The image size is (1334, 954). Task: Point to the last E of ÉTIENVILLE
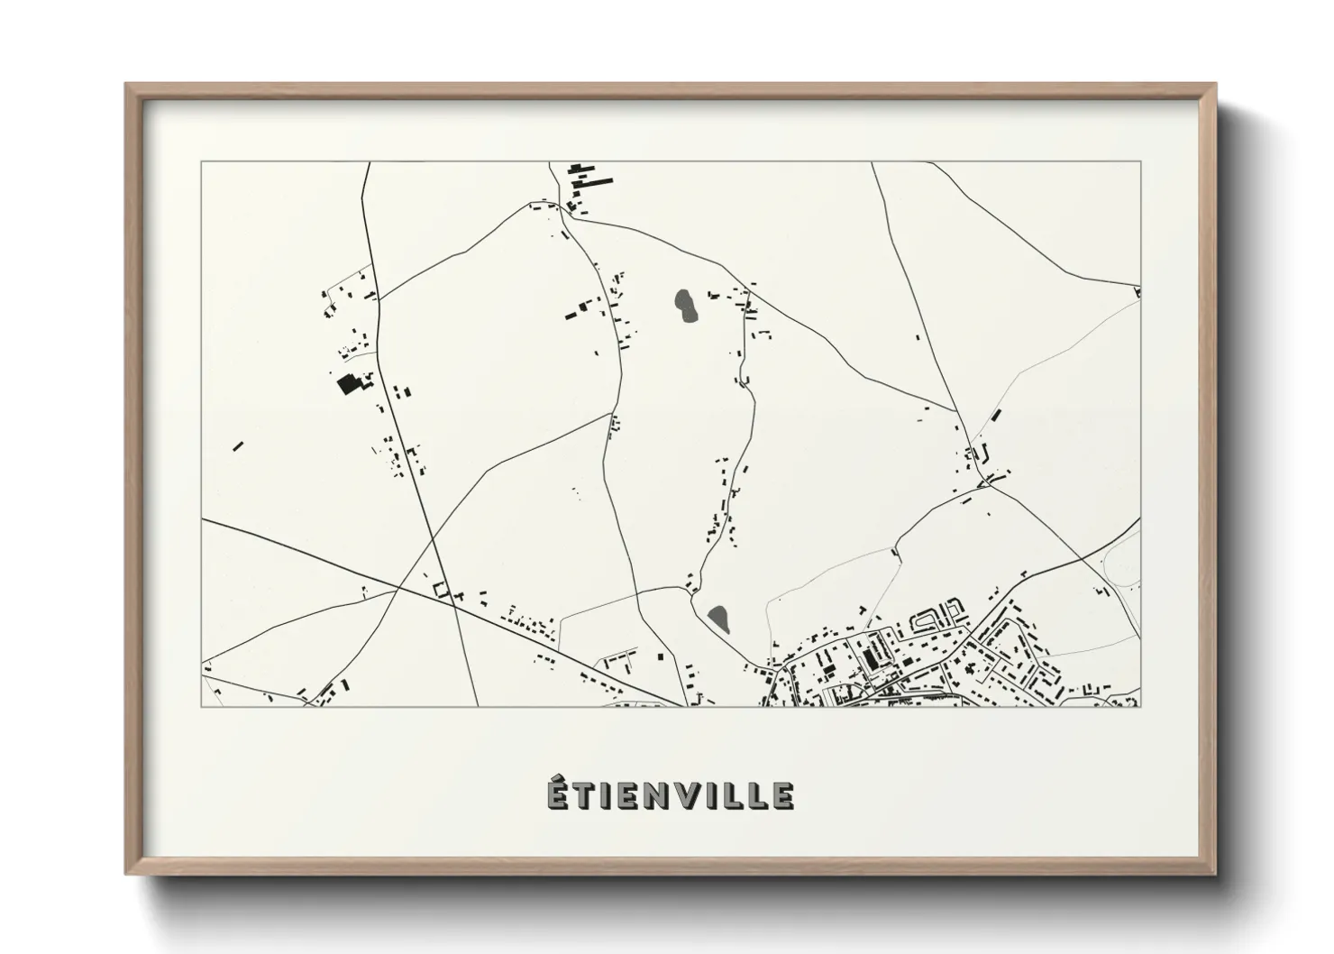click(x=782, y=795)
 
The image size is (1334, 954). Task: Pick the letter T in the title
click(x=583, y=795)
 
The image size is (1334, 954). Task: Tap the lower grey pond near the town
click(x=718, y=618)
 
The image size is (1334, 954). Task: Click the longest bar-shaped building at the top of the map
click(x=597, y=181)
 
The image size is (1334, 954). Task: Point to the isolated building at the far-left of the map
click(x=238, y=445)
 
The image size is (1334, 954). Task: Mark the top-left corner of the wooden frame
click(x=127, y=86)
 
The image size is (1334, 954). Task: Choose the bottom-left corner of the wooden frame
click(x=127, y=873)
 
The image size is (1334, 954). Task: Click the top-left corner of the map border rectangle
click(x=201, y=162)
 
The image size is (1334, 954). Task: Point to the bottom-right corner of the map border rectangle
click(x=1140, y=706)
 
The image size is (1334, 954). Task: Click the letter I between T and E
click(x=604, y=795)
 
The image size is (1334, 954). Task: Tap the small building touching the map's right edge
click(x=1138, y=291)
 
